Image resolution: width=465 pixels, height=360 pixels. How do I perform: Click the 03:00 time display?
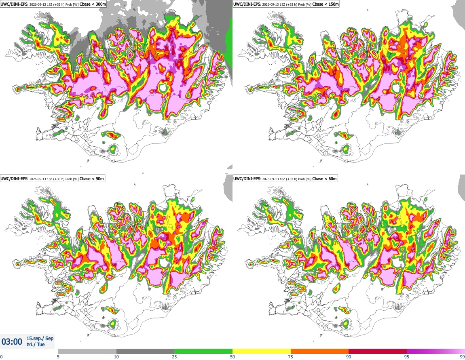[x=12, y=342]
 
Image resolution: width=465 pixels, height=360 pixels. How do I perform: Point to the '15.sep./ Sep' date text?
[x=40, y=338]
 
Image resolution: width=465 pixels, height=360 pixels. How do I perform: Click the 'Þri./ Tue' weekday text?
[x=36, y=345]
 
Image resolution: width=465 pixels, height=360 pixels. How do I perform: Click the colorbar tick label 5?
[x=58, y=357]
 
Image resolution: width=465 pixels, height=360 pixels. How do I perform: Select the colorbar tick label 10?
[x=116, y=357]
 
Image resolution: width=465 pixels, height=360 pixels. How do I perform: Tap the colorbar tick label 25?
[x=174, y=357]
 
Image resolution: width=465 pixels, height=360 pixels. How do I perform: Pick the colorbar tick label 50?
[x=232, y=357]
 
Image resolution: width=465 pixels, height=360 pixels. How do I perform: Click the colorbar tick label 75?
[x=291, y=357]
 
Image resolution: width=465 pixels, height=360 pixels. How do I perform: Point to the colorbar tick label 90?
[x=349, y=357]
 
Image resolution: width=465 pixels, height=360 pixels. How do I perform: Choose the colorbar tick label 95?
[x=407, y=357]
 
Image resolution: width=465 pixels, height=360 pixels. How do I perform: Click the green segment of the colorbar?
[x=203, y=351]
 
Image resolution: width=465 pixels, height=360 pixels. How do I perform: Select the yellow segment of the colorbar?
[x=262, y=351]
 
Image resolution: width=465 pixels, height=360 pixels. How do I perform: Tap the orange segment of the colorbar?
[x=320, y=351]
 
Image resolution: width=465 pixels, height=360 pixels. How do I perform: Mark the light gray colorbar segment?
[x=87, y=351]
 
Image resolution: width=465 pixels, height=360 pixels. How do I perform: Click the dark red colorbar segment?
[x=378, y=351]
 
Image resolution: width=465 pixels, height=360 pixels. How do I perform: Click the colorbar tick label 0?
[x=2, y=357]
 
